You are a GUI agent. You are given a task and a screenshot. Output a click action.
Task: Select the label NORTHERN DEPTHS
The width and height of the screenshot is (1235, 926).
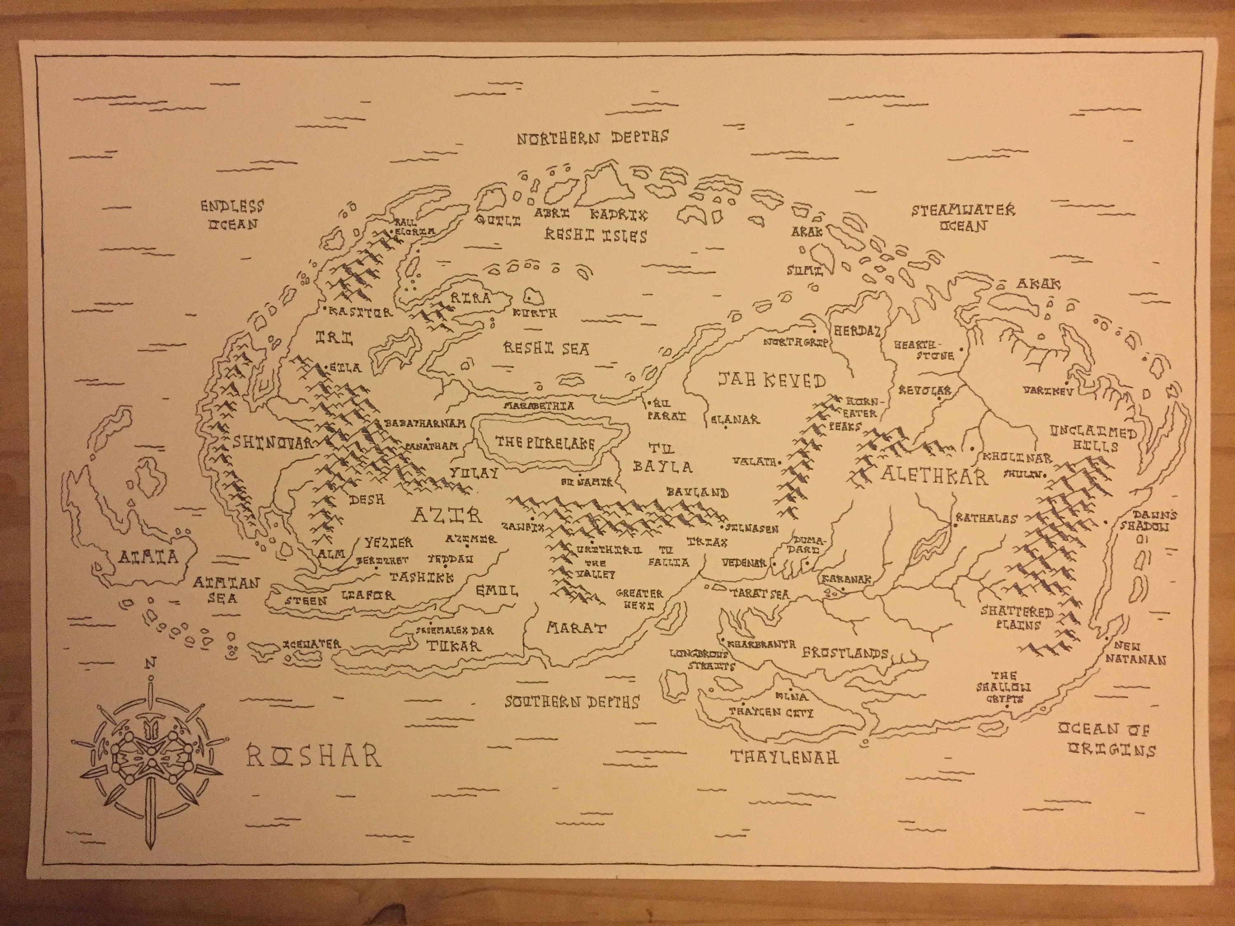pyautogui.click(x=592, y=137)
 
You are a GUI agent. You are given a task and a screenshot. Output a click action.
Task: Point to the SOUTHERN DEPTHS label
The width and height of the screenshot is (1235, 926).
pyautogui.click(x=572, y=702)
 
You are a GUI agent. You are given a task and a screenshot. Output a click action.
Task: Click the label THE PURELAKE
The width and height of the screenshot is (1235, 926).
pyautogui.click(x=545, y=443)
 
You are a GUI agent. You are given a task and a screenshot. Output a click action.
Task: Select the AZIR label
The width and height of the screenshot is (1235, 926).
pyautogui.click(x=447, y=514)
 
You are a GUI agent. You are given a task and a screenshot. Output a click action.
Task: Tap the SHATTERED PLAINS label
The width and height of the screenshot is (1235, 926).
pyautogui.click(x=1017, y=618)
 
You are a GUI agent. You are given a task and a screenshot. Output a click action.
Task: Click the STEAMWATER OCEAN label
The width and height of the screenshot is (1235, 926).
pyautogui.click(x=963, y=218)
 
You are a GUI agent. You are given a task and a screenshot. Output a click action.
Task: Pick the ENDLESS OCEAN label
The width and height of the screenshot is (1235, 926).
pyautogui.click(x=232, y=215)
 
